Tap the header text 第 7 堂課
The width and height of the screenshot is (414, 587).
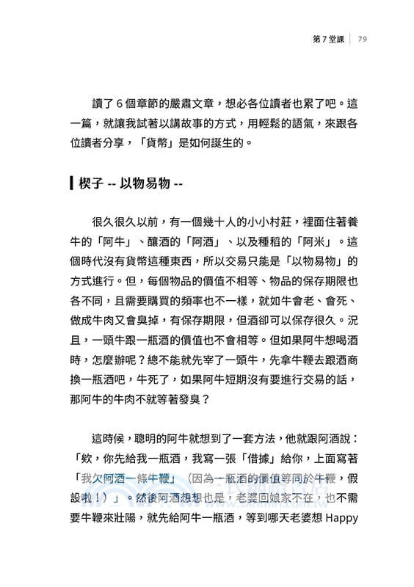[x=327, y=40]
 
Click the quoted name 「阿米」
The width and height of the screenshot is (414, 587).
[x=309, y=241]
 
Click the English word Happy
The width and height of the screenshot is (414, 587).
[x=341, y=519]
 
